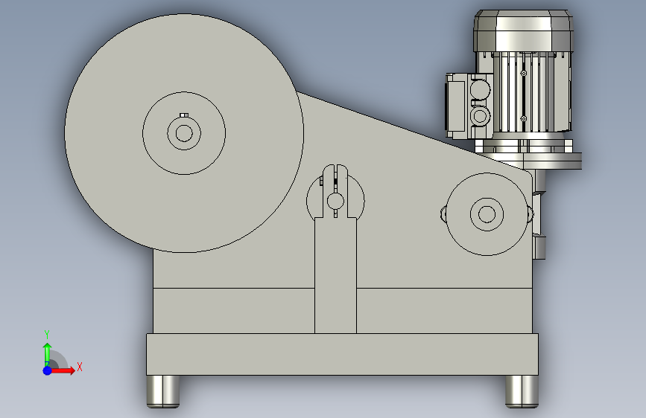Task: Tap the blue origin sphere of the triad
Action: tap(48, 370)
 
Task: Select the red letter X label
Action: tap(80, 367)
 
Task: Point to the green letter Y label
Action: tap(47, 334)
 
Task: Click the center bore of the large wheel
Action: tap(184, 133)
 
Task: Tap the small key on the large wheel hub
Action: tap(184, 115)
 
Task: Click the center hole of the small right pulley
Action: tap(487, 214)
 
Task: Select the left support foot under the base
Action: tap(163, 391)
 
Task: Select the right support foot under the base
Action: tap(522, 391)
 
